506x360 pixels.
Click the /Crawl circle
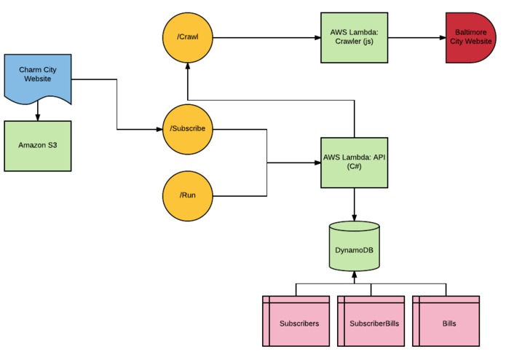[x=188, y=38]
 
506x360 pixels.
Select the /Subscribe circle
[x=188, y=129]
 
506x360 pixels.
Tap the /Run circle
[x=188, y=196]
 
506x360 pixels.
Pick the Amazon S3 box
[x=38, y=146]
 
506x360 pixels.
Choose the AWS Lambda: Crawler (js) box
[x=355, y=38]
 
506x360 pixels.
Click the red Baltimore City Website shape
[x=471, y=38]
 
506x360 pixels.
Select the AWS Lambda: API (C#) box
[x=355, y=163]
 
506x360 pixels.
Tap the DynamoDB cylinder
[x=355, y=246]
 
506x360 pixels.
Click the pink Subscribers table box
[x=296, y=321]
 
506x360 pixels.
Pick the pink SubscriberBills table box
[x=371, y=321]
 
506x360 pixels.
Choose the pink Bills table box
[x=446, y=321]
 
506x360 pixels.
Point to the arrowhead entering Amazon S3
[x=38, y=118]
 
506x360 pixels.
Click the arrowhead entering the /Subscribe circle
[x=159, y=129]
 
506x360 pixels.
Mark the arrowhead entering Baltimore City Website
[x=443, y=38]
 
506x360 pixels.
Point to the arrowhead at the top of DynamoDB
[x=355, y=218]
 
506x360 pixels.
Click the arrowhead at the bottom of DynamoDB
[x=355, y=275]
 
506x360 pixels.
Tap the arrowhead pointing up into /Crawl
[x=188, y=66]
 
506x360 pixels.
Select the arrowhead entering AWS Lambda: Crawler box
[x=318, y=38]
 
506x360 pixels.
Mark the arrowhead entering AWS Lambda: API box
[x=318, y=163]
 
